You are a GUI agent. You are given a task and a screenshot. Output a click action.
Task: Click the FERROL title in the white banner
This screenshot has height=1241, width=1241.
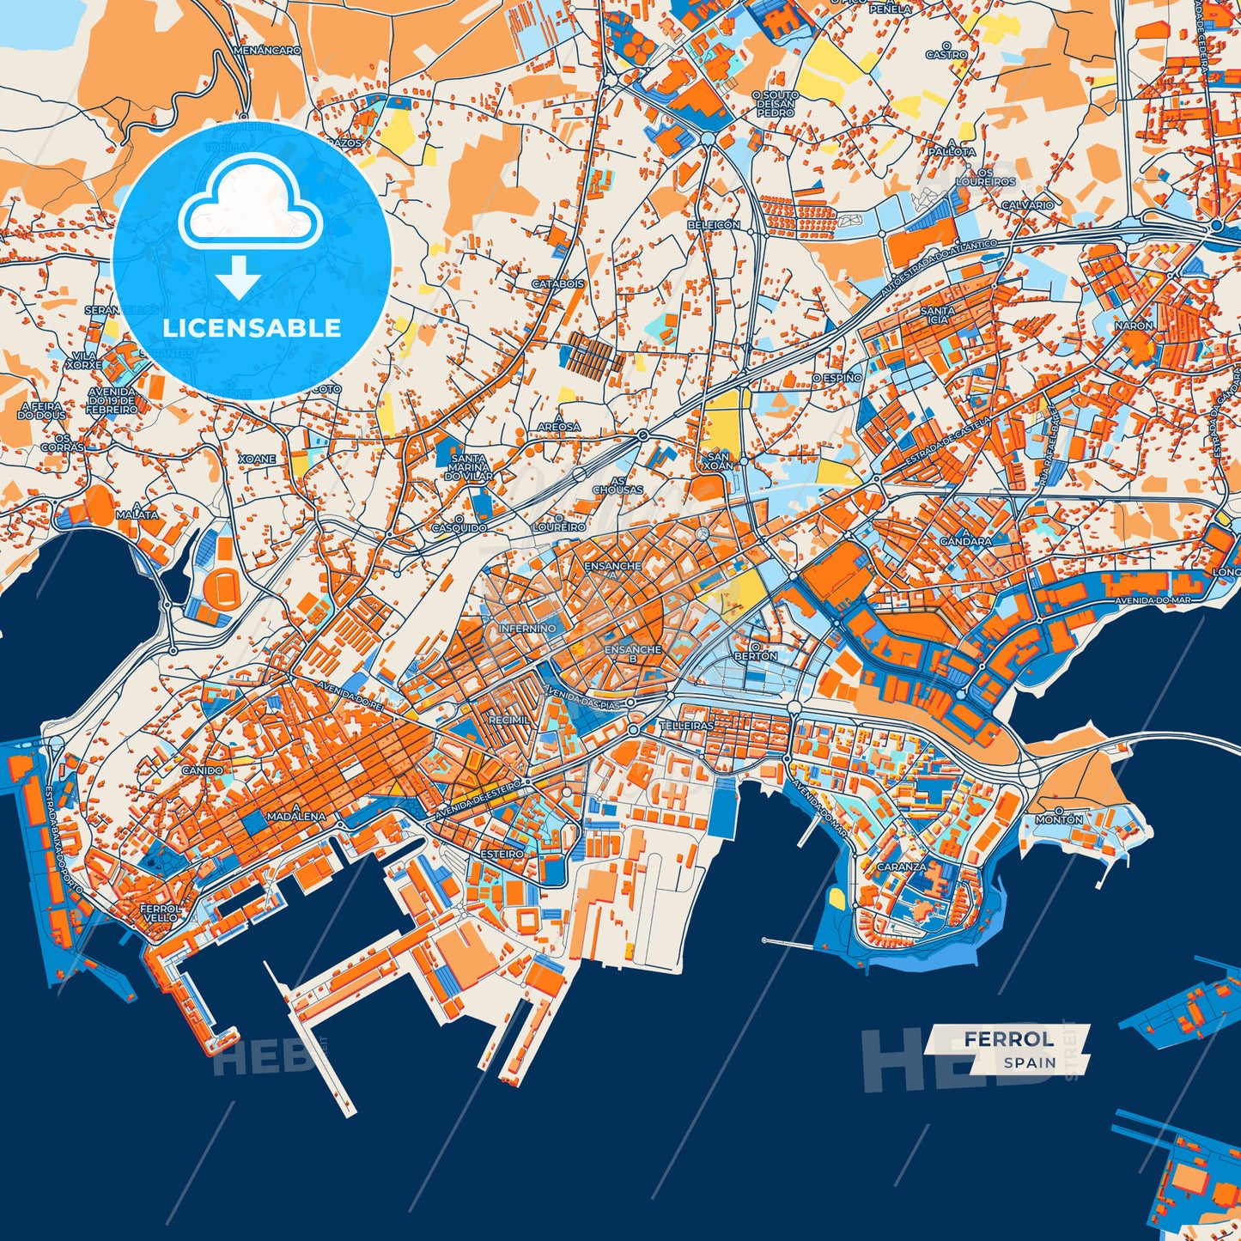(x=1008, y=1039)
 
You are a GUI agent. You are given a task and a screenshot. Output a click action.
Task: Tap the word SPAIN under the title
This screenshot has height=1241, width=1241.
(x=1030, y=1062)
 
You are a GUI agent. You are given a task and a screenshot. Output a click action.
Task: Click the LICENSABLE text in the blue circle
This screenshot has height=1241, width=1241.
(x=252, y=328)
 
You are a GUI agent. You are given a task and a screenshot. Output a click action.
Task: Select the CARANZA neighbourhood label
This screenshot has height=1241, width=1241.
(x=902, y=867)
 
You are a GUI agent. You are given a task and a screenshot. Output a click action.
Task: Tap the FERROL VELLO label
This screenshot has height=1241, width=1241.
(x=161, y=912)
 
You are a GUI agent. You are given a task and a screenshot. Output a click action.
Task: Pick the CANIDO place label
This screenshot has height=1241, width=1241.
(x=203, y=770)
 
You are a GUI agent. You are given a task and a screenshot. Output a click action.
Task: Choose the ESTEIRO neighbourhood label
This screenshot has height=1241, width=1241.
(x=502, y=855)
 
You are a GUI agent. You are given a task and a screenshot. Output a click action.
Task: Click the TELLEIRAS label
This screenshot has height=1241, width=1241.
(x=686, y=726)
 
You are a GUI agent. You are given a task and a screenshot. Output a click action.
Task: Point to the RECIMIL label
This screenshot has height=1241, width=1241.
(x=509, y=720)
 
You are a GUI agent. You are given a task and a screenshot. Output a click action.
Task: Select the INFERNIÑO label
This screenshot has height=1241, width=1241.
(x=527, y=629)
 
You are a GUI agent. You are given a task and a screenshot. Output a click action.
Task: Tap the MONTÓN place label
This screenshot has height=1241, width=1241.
(x=1059, y=819)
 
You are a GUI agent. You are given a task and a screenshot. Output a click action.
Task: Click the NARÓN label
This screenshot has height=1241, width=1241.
(x=1134, y=326)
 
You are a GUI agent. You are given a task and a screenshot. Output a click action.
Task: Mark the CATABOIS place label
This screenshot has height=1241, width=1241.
(x=558, y=283)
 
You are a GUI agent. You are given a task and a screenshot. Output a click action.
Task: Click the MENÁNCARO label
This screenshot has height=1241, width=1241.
(x=267, y=51)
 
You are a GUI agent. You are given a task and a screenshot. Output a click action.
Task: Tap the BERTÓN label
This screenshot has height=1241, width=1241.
(x=756, y=656)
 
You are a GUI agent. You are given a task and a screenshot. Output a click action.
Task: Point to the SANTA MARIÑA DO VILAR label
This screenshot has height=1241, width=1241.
(x=469, y=466)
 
